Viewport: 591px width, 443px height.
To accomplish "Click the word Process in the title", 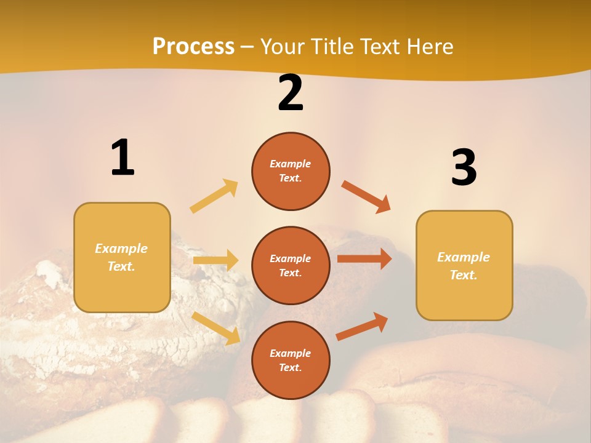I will tap(193, 47).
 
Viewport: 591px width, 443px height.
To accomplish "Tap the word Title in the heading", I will tap(332, 47).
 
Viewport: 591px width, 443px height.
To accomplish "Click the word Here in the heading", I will tap(427, 47).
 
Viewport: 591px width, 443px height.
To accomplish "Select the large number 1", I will tap(123, 158).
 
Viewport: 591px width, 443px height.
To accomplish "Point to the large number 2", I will tap(291, 94).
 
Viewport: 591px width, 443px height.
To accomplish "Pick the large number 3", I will tap(464, 168).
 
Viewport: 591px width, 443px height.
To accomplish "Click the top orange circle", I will tap(291, 171).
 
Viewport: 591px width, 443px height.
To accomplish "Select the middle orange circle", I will tap(291, 265).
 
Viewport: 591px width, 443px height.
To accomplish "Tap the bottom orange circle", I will tap(291, 360).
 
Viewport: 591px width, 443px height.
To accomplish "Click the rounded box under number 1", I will tap(122, 257).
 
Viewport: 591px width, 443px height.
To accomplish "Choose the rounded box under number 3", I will tap(464, 265).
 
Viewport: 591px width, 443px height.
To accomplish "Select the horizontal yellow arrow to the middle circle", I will tap(216, 260).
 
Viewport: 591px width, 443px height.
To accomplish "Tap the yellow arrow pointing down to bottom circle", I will tap(216, 328).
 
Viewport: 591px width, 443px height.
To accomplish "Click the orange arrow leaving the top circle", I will tap(366, 196).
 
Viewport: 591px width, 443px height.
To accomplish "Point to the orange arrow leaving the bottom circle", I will tap(362, 326).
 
